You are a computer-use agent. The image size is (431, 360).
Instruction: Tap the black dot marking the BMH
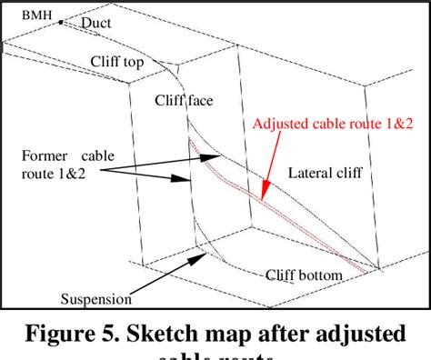[x=61, y=22]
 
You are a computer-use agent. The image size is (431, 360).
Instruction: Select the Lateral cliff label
[x=325, y=173]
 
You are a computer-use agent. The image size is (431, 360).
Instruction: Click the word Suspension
[x=96, y=298]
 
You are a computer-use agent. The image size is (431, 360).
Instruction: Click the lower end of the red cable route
[x=366, y=271]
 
